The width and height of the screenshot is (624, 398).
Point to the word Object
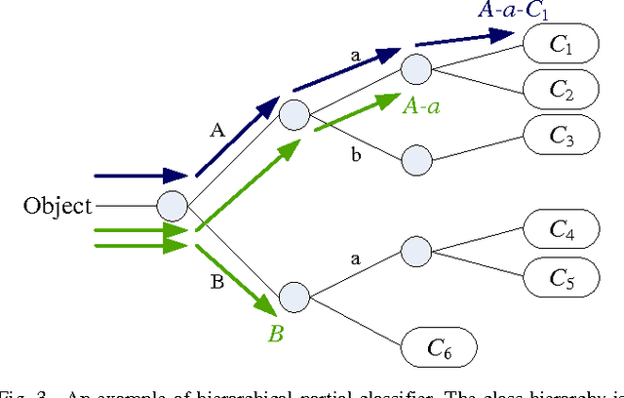[58, 206]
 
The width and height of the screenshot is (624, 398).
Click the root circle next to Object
[173, 206]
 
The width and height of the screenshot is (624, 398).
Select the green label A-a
[421, 106]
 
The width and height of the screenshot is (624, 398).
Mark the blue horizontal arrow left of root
[140, 177]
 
